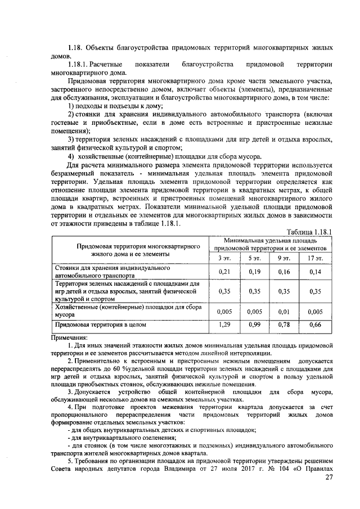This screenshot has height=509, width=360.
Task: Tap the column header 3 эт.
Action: click(224, 258)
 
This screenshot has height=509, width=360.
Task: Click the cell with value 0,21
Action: click(224, 272)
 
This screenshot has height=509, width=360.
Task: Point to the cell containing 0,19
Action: click(254, 272)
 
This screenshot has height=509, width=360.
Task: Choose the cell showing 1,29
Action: click(224, 325)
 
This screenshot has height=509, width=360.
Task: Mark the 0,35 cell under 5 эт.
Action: click(254, 292)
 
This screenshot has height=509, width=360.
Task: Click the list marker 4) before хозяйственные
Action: click(71, 156)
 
